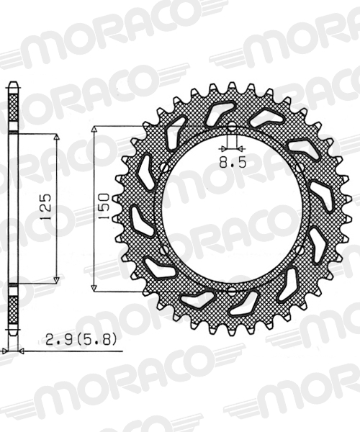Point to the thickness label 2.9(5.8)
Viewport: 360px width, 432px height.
click(80, 339)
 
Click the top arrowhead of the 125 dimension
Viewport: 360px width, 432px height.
click(56, 137)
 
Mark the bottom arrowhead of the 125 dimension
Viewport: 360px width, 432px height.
click(56, 280)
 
